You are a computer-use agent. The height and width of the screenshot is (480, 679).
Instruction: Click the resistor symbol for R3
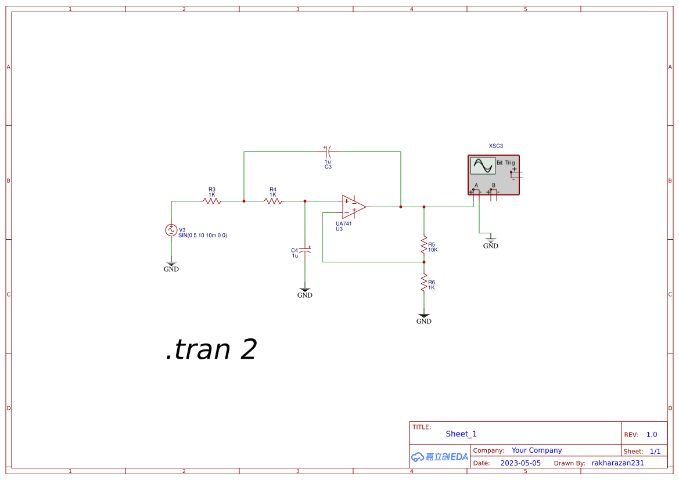coord(212,201)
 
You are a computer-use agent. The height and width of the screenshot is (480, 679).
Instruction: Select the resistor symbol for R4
coord(273,201)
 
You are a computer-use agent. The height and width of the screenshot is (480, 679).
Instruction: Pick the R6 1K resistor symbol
coord(424,283)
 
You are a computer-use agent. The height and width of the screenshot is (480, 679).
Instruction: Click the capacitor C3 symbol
coord(328,152)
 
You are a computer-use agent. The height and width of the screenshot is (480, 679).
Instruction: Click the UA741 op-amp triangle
coord(353,207)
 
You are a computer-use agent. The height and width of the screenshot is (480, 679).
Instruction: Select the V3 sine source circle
coord(171,230)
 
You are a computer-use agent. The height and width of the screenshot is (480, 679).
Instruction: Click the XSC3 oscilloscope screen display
coord(482,166)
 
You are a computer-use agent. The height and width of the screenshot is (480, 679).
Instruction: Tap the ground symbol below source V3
coord(171,265)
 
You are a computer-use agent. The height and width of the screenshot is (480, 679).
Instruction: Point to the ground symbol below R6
coord(424,317)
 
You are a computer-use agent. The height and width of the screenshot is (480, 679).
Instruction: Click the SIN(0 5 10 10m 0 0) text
coord(203,235)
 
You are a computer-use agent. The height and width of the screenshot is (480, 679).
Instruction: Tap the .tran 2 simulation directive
coord(211,350)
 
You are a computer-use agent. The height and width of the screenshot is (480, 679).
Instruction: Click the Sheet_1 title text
coord(461,434)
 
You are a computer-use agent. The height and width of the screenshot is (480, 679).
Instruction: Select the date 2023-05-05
coord(520,463)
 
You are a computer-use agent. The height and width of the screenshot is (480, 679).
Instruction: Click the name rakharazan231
coord(618,463)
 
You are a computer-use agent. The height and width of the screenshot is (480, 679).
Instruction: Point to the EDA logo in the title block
coord(439,457)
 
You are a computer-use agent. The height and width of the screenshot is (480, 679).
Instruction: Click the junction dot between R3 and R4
coord(244,201)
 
